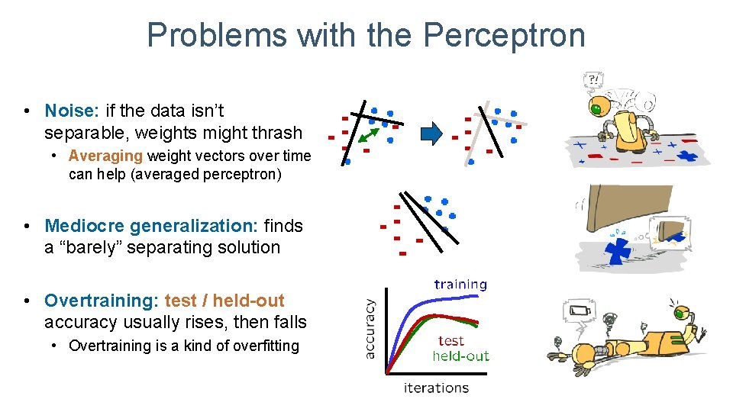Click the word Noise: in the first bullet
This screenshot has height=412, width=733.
73,111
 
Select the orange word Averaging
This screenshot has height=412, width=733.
105,156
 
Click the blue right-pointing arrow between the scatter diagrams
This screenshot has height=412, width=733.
432,134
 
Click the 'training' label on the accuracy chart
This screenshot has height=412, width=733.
460,285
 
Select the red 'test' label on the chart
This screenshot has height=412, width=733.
451,341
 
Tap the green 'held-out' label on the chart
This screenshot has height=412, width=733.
460,356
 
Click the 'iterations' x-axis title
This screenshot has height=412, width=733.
436,388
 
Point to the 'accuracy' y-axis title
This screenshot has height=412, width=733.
370,328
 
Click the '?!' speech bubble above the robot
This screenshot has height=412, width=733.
592,79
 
